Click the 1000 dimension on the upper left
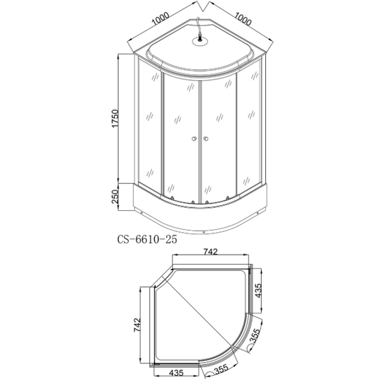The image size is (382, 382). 161,19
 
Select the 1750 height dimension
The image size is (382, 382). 115,118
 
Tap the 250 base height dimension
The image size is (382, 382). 115,197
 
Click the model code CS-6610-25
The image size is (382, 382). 147,240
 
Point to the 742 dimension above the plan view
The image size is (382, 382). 211,252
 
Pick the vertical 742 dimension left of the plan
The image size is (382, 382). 137,325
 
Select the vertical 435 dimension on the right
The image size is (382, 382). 258,291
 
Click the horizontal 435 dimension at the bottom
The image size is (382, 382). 176,373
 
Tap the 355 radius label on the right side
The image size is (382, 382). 255,335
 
